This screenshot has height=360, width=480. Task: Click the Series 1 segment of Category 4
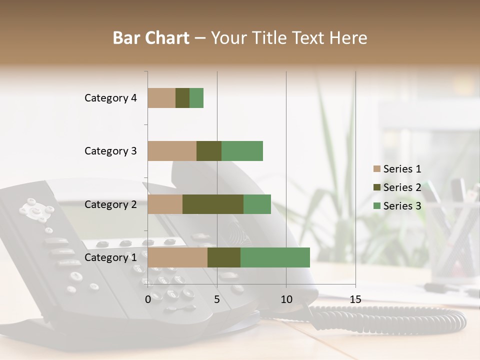(161, 98)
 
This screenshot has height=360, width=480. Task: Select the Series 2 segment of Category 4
(182, 98)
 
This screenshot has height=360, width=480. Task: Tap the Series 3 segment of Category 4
(196, 98)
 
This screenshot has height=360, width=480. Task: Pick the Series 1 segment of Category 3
(172, 151)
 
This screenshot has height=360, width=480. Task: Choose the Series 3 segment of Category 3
(242, 151)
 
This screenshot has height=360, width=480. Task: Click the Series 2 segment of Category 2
(213, 204)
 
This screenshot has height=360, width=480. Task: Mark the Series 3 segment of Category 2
(257, 204)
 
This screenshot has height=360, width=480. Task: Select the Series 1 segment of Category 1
(177, 257)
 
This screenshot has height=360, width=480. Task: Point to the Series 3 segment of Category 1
(275, 257)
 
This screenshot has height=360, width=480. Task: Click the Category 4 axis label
(110, 98)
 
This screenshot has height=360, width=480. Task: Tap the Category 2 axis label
(110, 204)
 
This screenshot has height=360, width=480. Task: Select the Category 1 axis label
(110, 257)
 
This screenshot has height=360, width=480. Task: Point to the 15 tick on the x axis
(355, 299)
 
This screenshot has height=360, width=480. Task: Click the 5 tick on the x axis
(217, 299)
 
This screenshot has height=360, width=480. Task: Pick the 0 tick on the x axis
(148, 299)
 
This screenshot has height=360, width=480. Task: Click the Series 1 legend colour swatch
(376, 169)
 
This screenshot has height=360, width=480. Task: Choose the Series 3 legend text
(402, 206)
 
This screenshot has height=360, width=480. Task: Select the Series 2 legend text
(402, 187)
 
